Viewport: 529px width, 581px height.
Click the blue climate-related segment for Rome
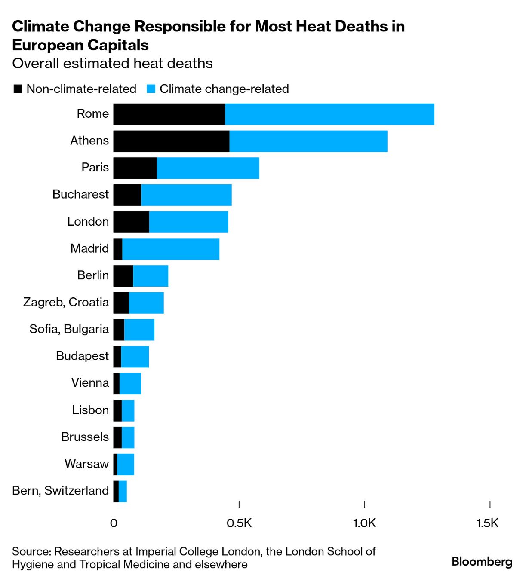[x=329, y=114]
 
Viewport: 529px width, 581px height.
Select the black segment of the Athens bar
[x=171, y=141]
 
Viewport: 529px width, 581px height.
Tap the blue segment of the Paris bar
[x=208, y=168]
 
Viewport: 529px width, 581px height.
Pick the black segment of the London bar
[x=131, y=222]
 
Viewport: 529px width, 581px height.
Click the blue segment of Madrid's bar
[x=171, y=249]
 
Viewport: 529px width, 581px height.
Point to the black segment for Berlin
[x=123, y=276]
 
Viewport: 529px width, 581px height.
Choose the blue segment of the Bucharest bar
[x=186, y=195]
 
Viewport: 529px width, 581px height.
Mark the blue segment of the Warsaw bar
[x=126, y=465]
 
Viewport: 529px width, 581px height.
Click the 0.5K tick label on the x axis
[x=239, y=523]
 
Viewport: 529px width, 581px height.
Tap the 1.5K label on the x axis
[x=488, y=523]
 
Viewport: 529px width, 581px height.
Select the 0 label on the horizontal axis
[x=114, y=523]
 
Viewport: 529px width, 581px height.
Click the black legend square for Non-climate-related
[x=18, y=89]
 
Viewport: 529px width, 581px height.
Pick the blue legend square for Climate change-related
[x=151, y=89]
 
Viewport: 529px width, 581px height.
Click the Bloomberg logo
[x=482, y=562]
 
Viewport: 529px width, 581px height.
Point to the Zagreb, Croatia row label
[x=66, y=302]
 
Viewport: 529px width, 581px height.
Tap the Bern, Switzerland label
[x=61, y=491]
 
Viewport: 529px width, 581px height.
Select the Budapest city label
[x=82, y=356]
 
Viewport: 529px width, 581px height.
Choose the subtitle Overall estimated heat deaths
[x=112, y=64]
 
